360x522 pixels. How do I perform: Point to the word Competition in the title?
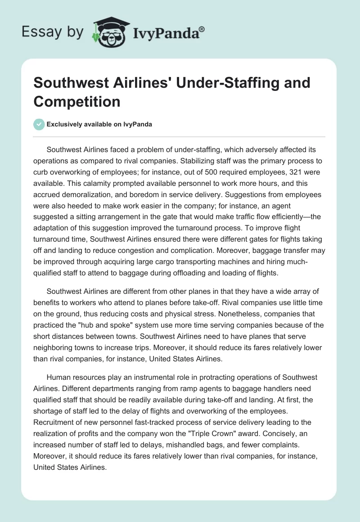click(77, 102)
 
